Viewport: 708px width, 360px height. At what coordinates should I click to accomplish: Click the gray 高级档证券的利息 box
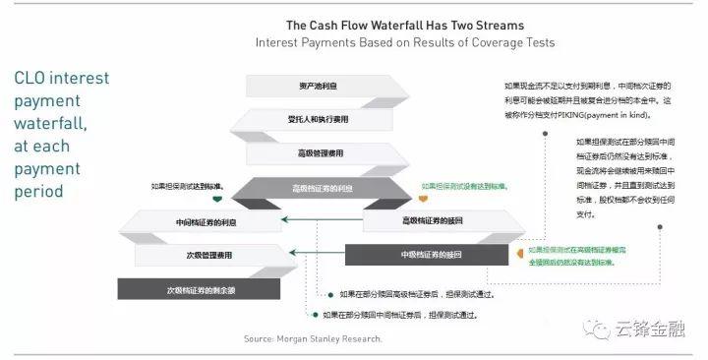pos(321,189)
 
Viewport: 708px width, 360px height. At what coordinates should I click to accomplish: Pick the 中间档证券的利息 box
pos(192,223)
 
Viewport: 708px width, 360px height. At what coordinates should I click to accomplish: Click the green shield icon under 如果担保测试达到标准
pos(217,201)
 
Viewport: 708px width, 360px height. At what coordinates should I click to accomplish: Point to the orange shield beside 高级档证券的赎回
pos(425,200)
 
